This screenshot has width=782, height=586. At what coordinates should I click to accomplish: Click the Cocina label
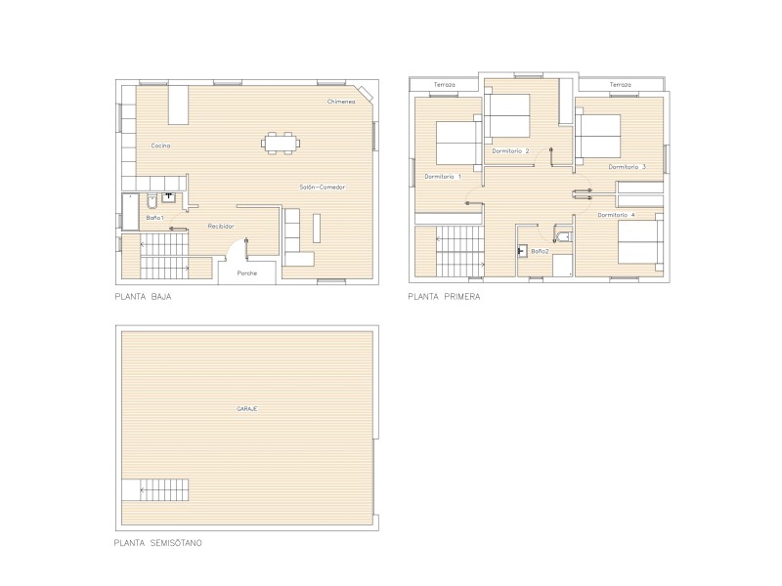pyautogui.click(x=160, y=146)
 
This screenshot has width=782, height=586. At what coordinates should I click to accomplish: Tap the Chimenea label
pyautogui.click(x=341, y=102)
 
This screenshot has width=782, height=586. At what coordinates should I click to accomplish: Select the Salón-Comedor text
pyautogui.click(x=323, y=188)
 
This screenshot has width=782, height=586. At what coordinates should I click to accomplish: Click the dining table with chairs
pyautogui.click(x=281, y=144)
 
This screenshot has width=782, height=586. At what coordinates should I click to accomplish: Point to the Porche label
pyautogui.click(x=247, y=273)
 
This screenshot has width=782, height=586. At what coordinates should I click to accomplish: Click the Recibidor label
pyautogui.click(x=221, y=227)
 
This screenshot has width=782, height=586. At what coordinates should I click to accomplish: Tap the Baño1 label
pyautogui.click(x=154, y=218)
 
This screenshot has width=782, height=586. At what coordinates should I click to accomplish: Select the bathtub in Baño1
pyautogui.click(x=131, y=212)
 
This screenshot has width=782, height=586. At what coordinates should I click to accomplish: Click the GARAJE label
pyautogui.click(x=247, y=409)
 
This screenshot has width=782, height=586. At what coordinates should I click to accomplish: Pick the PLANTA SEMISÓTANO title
pyautogui.click(x=158, y=543)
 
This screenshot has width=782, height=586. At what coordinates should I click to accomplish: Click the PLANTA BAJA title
pyautogui.click(x=143, y=297)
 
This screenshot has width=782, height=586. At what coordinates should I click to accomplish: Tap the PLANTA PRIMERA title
pyautogui.click(x=444, y=297)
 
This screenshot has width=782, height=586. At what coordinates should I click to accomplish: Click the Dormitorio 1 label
pyautogui.click(x=443, y=177)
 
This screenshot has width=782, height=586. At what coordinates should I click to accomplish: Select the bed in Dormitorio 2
pyautogui.click(x=507, y=115)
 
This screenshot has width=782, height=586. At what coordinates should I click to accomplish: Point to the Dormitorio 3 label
pyautogui.click(x=627, y=167)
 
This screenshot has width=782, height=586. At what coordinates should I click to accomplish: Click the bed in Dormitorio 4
pyautogui.click(x=640, y=241)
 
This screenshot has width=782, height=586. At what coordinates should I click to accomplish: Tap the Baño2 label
pyautogui.click(x=540, y=252)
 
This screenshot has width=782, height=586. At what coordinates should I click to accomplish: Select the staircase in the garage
pyautogui.click(x=155, y=490)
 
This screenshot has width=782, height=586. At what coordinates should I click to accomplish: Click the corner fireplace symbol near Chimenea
pyautogui.click(x=367, y=93)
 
